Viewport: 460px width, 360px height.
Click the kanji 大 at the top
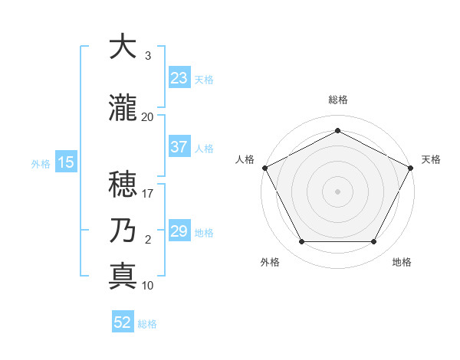[x=123, y=47]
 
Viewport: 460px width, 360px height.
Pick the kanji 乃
[x=123, y=230]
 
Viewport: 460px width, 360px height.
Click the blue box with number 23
[x=179, y=78]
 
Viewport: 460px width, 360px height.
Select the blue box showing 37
[x=179, y=148]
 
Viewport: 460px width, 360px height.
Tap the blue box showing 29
[x=179, y=231]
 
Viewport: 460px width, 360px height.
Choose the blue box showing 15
[x=65, y=162]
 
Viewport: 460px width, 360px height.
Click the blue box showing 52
[x=123, y=322]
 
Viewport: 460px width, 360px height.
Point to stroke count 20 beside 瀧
[x=148, y=117]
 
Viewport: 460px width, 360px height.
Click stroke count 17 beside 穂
[x=148, y=195]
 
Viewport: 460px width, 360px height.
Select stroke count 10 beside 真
[x=148, y=286]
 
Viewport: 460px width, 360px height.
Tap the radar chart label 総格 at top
[x=337, y=100]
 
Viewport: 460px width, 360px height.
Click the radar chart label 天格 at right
[x=431, y=159]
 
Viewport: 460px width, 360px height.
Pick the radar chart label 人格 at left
[x=245, y=159]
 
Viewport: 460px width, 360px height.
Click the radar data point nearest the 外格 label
[x=301, y=242]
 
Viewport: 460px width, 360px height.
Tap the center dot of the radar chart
[x=337, y=191]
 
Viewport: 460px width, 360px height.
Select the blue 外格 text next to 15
[x=41, y=163]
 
